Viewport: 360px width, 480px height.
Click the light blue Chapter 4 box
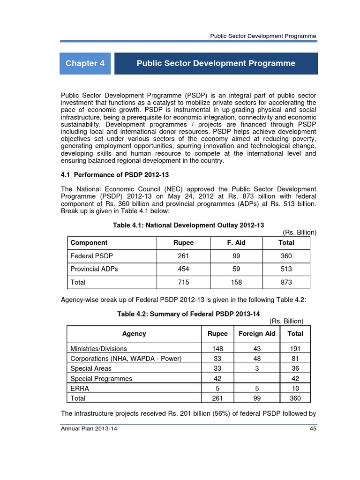[85, 63]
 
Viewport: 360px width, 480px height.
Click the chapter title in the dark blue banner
[216, 63]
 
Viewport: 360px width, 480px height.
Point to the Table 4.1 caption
[188, 225]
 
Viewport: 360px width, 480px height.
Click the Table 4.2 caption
[188, 314]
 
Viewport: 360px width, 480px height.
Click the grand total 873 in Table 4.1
[286, 282]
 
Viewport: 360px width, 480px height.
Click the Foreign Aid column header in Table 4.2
[257, 334]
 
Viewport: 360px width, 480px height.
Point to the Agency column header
[134, 334]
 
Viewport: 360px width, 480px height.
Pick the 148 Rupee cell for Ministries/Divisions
[217, 349]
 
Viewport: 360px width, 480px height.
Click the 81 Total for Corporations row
[295, 359]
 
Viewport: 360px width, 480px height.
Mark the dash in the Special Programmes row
[257, 379]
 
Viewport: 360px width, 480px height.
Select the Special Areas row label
[91, 368]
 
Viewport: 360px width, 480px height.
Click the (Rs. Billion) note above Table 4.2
[286, 321]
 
